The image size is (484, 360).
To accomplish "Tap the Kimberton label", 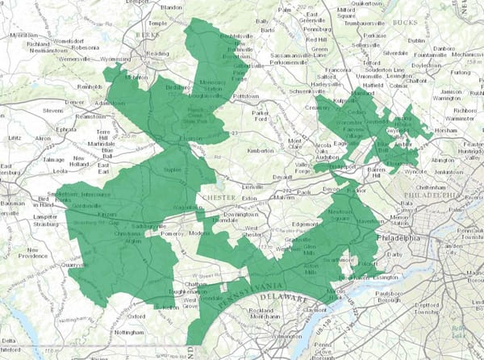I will point(263,151).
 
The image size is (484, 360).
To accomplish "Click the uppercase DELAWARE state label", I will point(282,298).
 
